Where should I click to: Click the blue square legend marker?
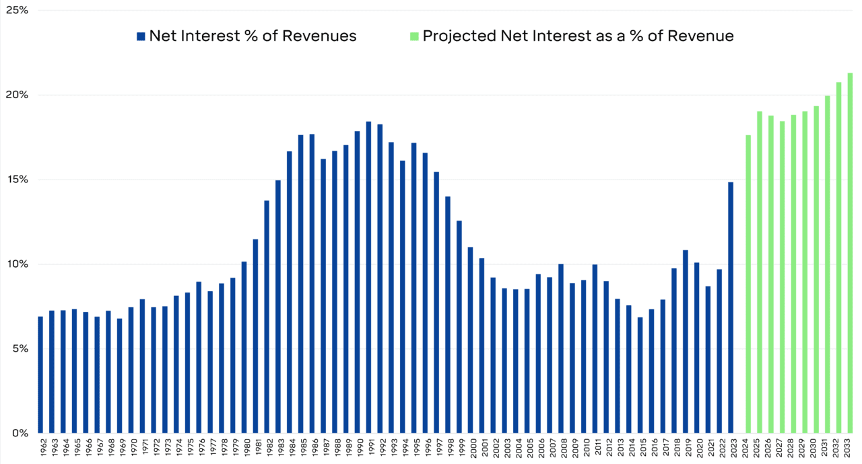pyautogui.click(x=140, y=36)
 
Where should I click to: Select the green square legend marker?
pyautogui.click(x=413, y=36)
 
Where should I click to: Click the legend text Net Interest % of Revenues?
pyautogui.click(x=253, y=36)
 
